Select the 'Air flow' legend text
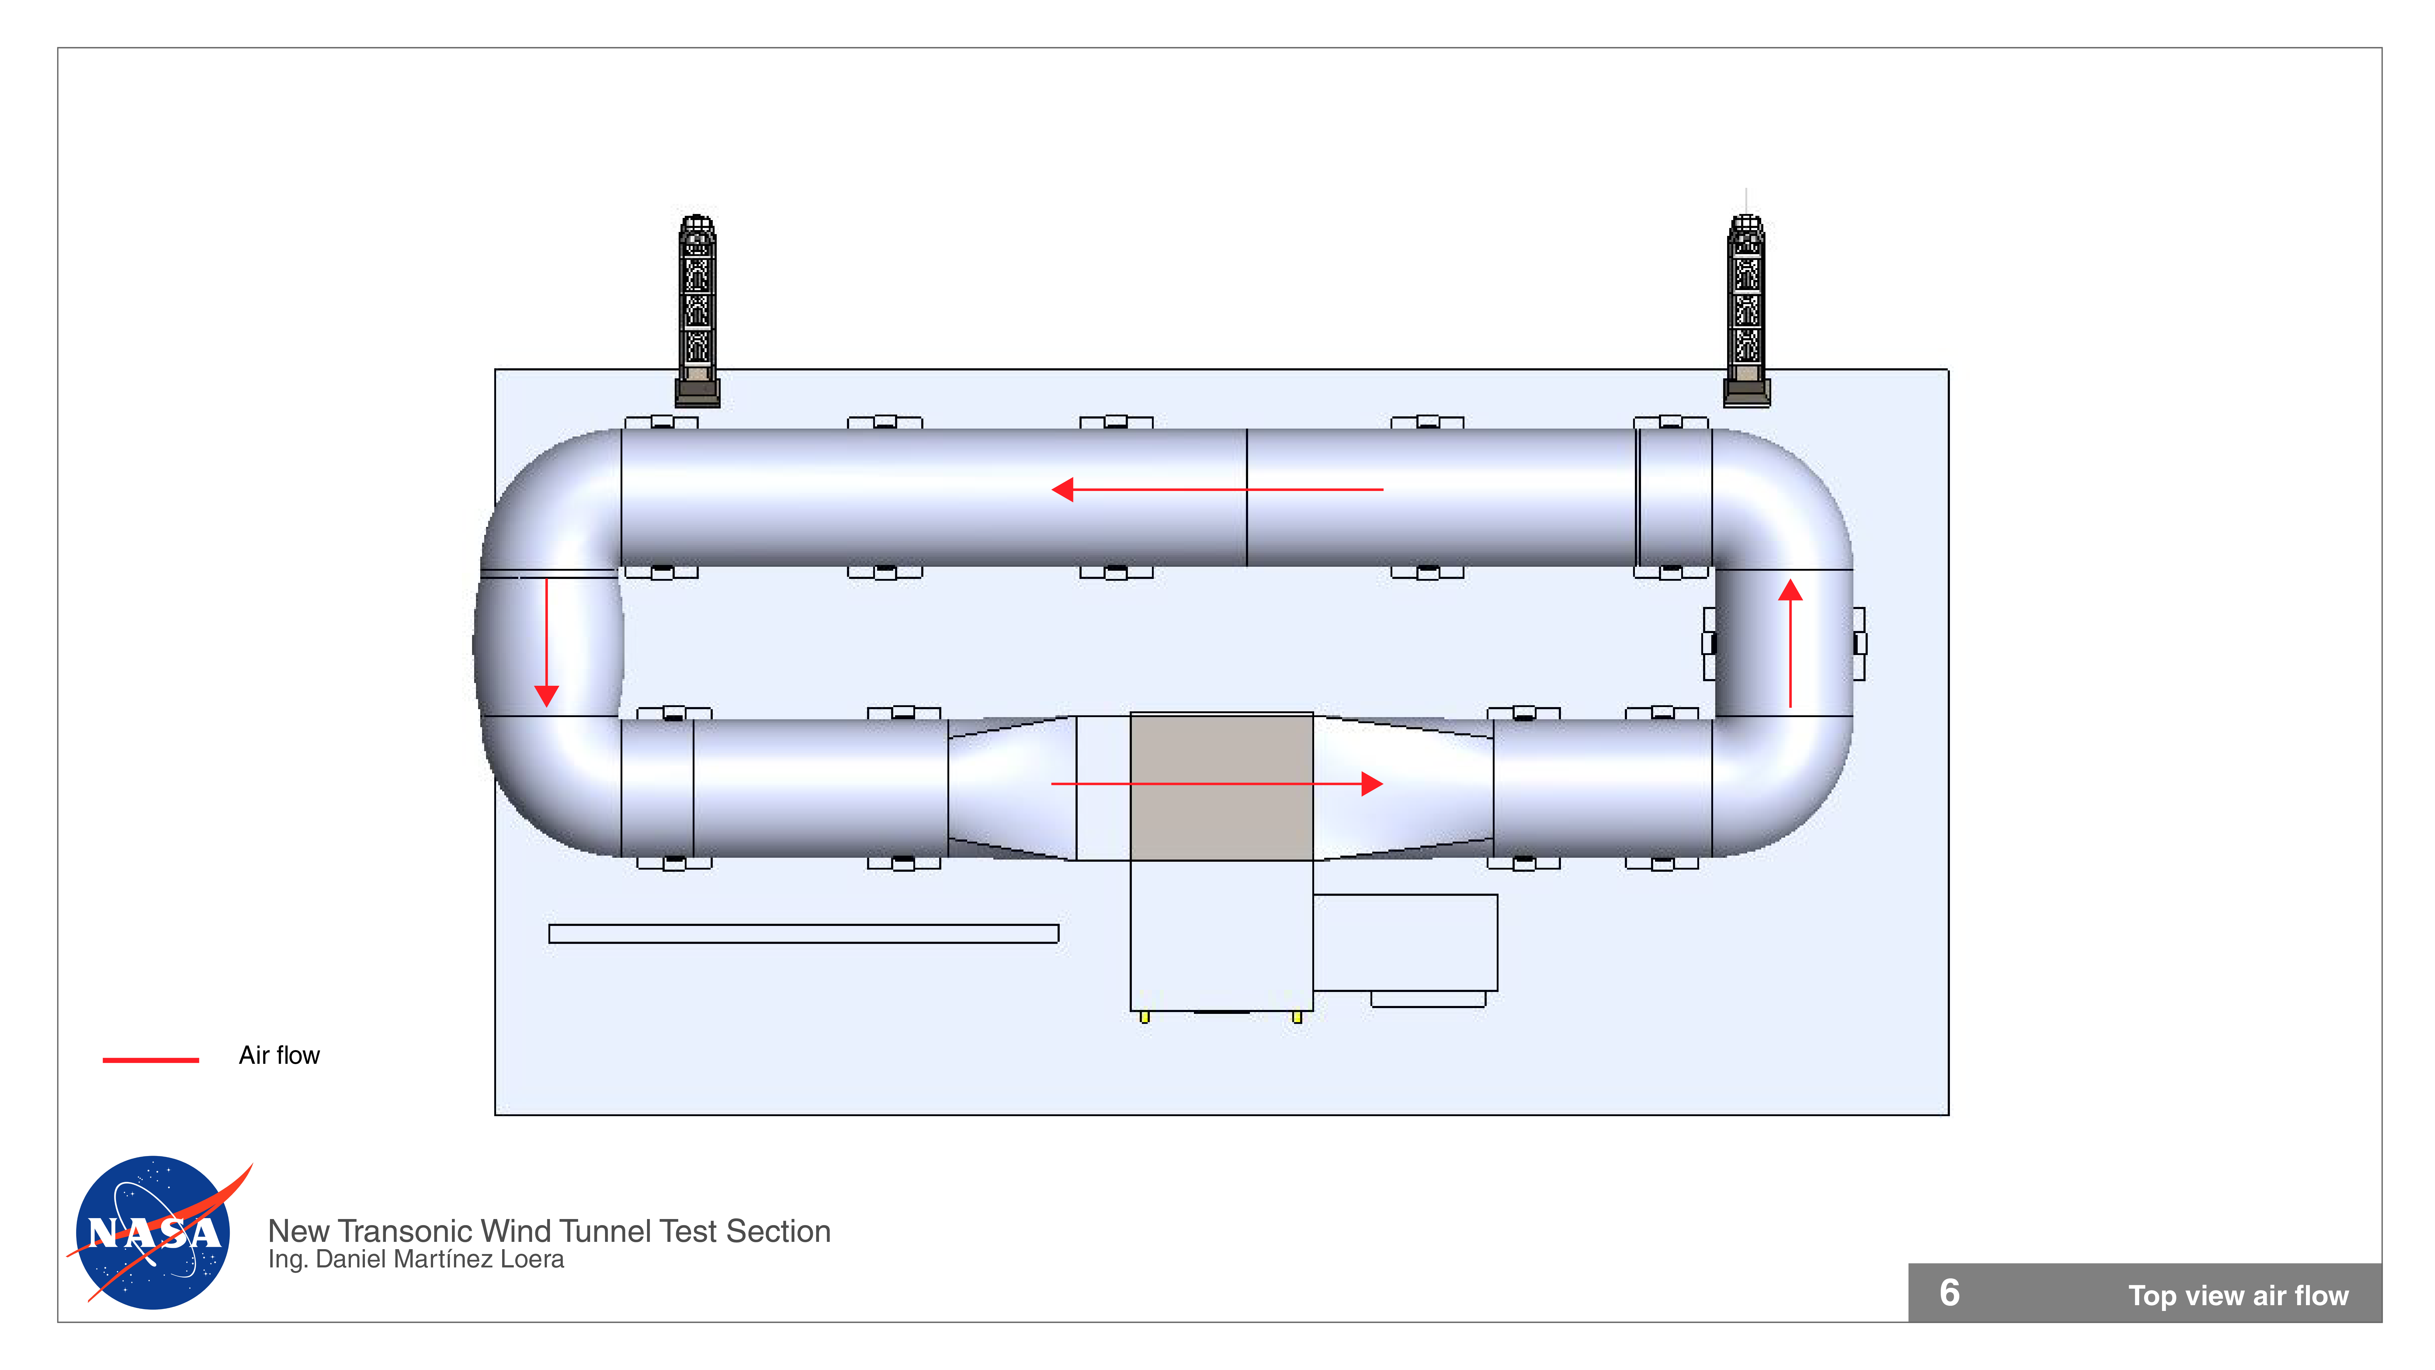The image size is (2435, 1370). click(279, 1055)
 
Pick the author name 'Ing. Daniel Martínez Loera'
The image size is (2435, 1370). click(416, 1260)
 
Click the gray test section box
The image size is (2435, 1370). click(1221, 787)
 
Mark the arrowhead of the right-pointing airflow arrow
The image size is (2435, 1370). click(1372, 784)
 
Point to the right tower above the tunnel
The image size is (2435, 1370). click(1746, 307)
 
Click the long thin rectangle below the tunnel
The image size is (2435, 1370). click(803, 933)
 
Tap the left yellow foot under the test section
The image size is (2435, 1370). click(1145, 1017)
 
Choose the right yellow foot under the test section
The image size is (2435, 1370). click(1297, 1017)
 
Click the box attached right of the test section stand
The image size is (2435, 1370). click(1406, 943)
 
